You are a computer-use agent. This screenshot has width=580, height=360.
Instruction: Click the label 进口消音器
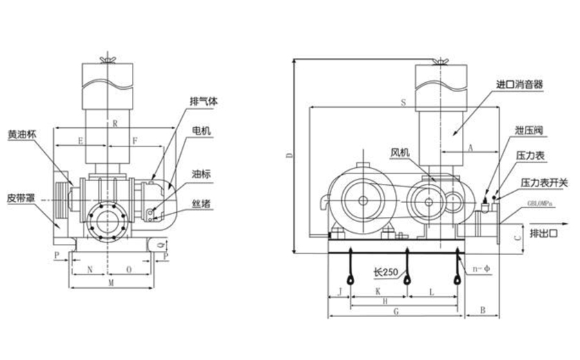point(519,84)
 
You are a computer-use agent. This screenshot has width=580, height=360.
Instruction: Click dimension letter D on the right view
point(289,156)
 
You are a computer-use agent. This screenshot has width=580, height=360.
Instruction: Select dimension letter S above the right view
point(403,102)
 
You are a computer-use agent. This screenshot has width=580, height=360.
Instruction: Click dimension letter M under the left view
point(111,284)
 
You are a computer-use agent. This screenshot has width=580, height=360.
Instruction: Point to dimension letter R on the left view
point(115,124)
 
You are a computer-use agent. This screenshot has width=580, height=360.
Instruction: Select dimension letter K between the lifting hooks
point(378,293)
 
